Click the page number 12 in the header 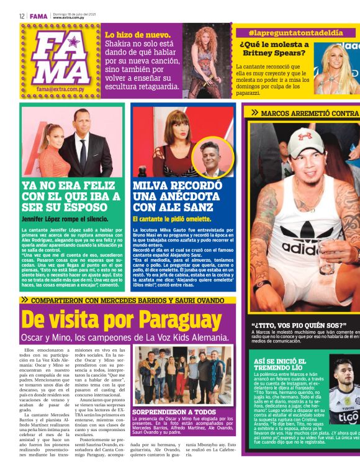tap(22, 16)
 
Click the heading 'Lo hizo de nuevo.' tap(138, 35)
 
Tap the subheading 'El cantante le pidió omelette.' tap(172, 219)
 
